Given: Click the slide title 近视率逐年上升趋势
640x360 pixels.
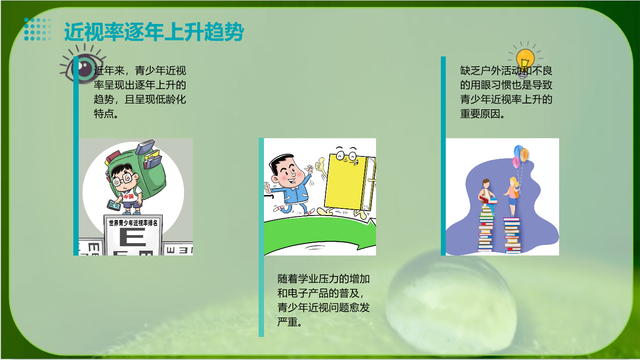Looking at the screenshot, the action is coord(154,32).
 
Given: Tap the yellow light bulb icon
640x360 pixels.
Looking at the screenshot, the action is coord(525,60).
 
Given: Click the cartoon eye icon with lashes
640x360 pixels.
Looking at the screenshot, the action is coord(83,64).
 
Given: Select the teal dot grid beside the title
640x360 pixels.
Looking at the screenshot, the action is coord(38,29).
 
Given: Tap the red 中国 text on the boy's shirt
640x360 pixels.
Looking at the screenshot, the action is coord(128,196).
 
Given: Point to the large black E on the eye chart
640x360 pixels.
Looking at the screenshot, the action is coord(132,237).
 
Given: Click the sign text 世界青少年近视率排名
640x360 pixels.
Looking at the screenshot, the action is coord(133,223).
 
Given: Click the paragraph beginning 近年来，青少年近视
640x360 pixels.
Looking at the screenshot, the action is coord(140,92).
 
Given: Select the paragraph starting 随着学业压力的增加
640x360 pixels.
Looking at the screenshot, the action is coord(324,300).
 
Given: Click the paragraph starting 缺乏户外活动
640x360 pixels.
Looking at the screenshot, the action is coord(506,92).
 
